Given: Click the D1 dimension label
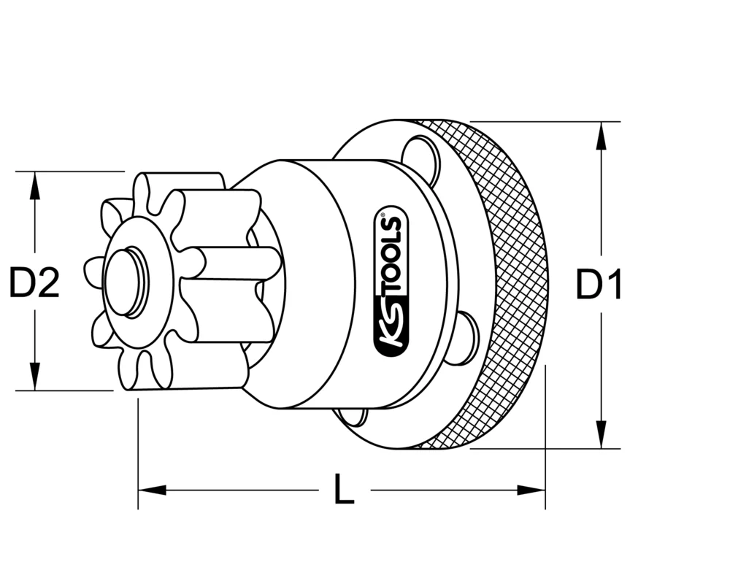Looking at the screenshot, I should (x=599, y=285).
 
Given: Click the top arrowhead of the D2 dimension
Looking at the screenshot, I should (x=34, y=183).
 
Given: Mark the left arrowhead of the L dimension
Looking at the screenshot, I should (x=149, y=490).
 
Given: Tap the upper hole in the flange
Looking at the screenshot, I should (x=423, y=159).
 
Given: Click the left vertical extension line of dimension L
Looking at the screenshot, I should (x=138, y=453).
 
